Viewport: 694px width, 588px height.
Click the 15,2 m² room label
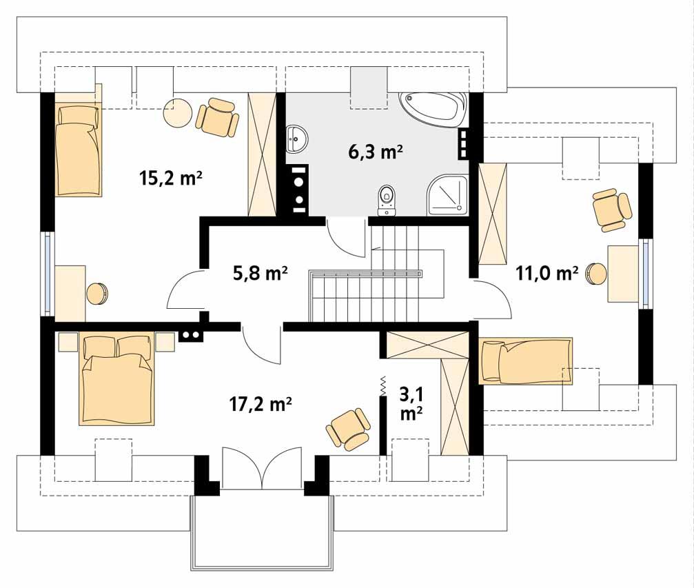tap(170, 179)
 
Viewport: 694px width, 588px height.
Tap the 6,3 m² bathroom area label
tap(376, 152)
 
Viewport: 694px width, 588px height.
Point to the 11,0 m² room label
tap(547, 274)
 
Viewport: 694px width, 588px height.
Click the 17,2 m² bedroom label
tap(260, 404)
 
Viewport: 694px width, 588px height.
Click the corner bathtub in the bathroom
tap(432, 109)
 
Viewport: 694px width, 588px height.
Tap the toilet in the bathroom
tap(387, 199)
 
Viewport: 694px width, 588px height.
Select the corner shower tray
tap(447, 194)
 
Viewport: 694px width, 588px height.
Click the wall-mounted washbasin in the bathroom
tap(296, 140)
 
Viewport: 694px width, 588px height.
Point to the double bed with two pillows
tap(116, 379)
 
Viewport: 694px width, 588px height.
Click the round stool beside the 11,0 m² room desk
tap(596, 274)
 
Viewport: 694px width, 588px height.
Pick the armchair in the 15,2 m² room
tap(217, 117)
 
